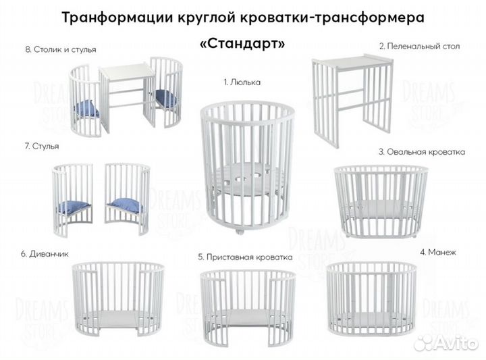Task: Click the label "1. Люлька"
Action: (242, 82)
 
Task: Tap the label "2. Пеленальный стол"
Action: (419, 47)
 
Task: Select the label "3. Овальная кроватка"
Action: (421, 152)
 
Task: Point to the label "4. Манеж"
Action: (438, 252)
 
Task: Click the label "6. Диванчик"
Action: (45, 254)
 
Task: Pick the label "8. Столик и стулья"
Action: (60, 49)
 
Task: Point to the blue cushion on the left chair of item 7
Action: (74, 207)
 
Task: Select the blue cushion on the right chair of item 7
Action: (126, 205)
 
